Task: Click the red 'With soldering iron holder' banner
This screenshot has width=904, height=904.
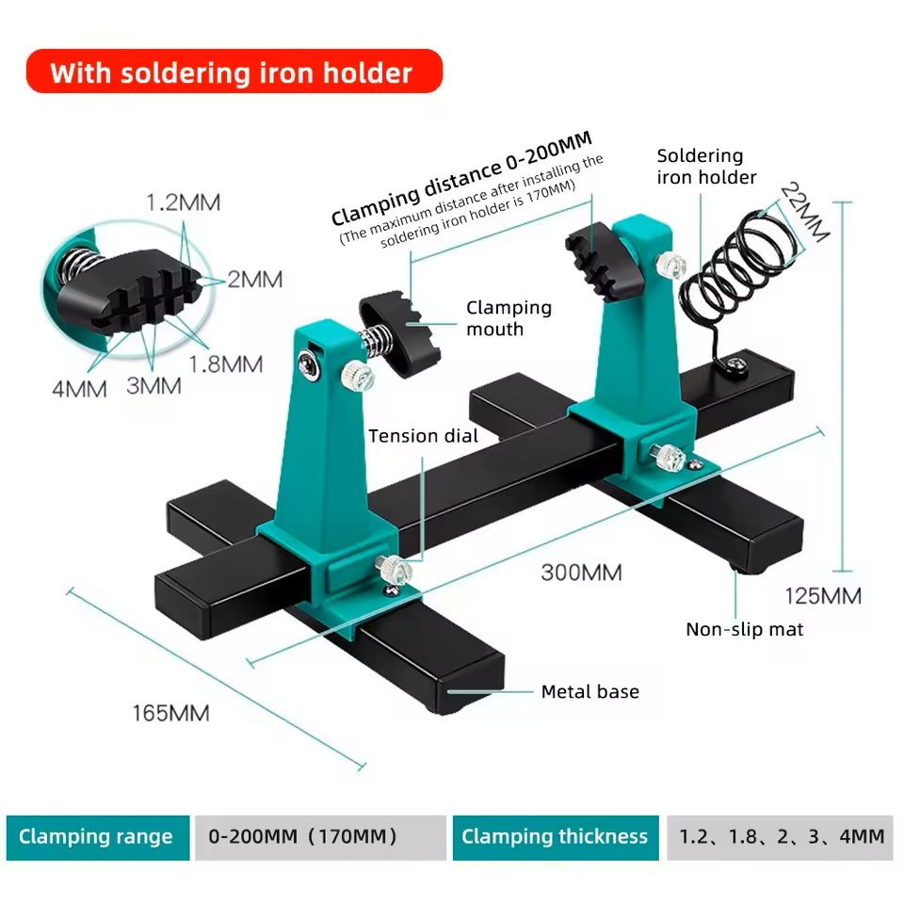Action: tap(234, 72)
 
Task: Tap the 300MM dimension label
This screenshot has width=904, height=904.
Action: tap(581, 573)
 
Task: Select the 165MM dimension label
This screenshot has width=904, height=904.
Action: tap(170, 713)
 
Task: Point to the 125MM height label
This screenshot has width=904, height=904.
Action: tap(823, 595)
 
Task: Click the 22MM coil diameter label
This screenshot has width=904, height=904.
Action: tap(806, 212)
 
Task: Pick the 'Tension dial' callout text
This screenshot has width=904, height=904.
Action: tap(423, 436)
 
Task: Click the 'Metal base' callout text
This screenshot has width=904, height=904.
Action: tap(589, 691)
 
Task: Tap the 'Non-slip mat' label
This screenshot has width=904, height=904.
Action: tap(744, 629)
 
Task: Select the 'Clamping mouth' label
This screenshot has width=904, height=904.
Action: tap(508, 318)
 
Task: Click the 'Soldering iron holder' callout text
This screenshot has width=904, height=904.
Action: tap(706, 166)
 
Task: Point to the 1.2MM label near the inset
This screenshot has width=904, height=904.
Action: tap(183, 202)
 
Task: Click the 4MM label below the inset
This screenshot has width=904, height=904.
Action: tap(79, 389)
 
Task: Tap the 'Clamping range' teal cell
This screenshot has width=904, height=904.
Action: tap(97, 837)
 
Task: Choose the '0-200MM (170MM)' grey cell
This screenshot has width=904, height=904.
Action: tap(320, 837)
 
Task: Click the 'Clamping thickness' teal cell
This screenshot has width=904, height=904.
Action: tap(556, 837)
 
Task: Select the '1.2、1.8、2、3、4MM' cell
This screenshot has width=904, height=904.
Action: tap(780, 837)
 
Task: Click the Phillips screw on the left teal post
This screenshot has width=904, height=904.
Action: tap(309, 366)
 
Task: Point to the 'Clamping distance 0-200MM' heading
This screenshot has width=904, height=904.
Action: tap(461, 178)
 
